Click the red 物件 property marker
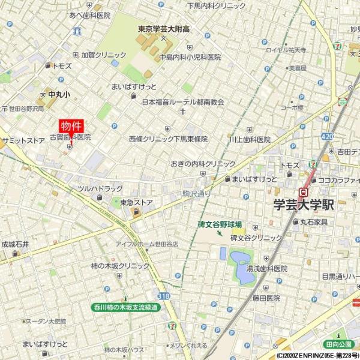(71, 127)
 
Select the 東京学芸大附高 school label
(163, 29)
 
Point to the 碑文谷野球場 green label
(220, 224)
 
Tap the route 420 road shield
(326, 137)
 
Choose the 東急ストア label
(136, 202)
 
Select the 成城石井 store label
(15, 245)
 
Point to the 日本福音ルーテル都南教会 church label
(183, 103)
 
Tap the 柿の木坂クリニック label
(121, 266)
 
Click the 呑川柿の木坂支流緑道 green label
(130, 307)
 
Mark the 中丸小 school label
(59, 95)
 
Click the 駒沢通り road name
(197, 193)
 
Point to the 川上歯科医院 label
(250, 139)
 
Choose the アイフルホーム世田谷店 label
(147, 245)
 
